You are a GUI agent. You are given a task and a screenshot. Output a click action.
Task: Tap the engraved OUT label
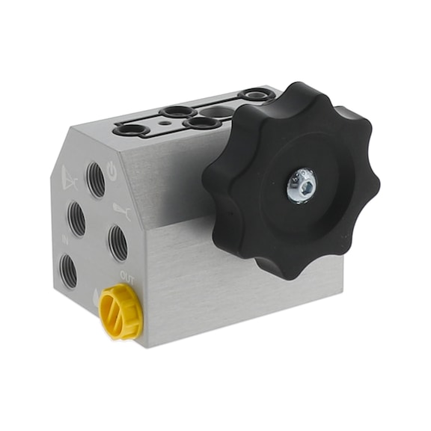point(127,277)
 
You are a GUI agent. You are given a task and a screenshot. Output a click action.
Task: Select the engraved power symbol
point(113,171)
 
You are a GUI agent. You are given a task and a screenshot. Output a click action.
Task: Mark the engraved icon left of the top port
point(70,178)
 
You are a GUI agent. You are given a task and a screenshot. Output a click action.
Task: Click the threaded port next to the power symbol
point(95,179)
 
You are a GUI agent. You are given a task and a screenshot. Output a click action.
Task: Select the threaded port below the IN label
point(68,271)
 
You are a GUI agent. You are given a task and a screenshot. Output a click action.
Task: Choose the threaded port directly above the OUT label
point(117,243)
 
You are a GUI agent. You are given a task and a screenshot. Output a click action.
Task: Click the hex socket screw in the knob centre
point(302,184)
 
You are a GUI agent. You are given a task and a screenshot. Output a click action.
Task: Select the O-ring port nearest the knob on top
point(254,96)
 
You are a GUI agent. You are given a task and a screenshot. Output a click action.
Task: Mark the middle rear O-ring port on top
point(178,111)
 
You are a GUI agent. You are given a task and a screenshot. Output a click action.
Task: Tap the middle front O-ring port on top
point(200,122)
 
